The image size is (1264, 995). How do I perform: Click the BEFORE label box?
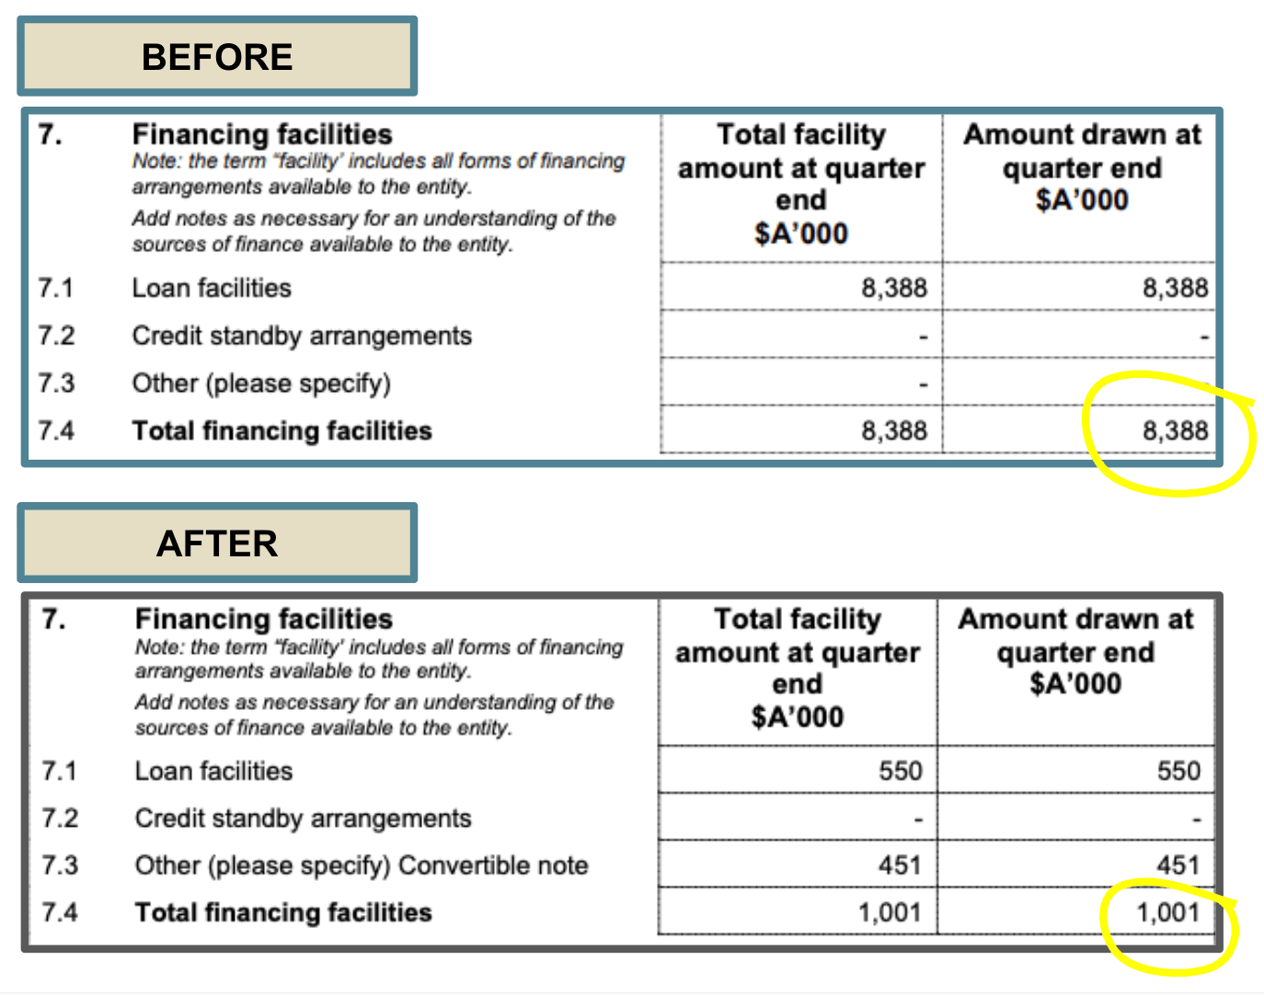click(217, 57)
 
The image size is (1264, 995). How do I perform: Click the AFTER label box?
click(217, 543)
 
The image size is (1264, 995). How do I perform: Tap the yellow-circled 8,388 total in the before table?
click(1175, 430)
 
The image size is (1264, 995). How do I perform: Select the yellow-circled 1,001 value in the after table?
click(1167, 913)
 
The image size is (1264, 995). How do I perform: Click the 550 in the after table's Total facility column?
click(900, 771)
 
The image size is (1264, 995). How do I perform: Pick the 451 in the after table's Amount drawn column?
click(1178, 865)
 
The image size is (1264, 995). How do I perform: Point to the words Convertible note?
click(493, 865)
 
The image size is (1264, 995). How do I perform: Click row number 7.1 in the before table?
click(55, 288)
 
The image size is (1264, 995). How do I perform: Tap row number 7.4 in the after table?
click(59, 912)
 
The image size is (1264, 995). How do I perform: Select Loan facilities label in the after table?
click(213, 771)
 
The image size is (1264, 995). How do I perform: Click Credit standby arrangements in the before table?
click(302, 336)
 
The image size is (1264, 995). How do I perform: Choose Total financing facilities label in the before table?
click(282, 430)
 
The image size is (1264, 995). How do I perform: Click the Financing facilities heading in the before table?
click(262, 134)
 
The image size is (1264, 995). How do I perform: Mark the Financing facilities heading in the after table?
click(264, 619)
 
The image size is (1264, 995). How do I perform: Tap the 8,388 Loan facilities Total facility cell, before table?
click(893, 288)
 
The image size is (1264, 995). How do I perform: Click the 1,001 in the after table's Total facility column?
click(889, 913)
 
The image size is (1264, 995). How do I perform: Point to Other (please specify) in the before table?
click(261, 383)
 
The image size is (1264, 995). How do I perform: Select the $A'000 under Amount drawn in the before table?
click(1081, 200)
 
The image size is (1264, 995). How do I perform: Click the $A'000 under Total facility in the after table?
click(797, 716)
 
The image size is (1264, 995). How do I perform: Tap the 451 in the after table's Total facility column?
click(899, 865)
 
